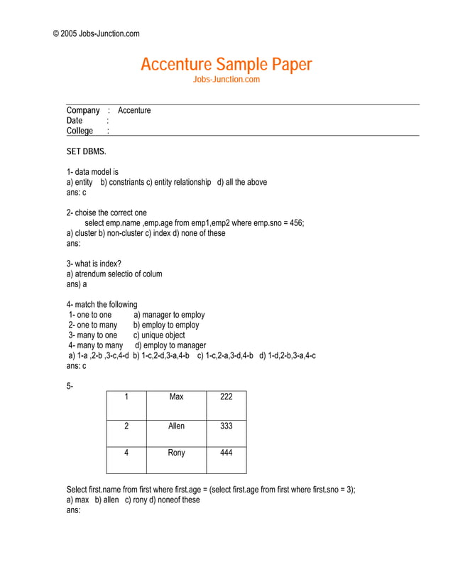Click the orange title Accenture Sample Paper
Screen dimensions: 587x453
[226, 65]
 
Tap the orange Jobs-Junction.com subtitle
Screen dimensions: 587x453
[226, 80]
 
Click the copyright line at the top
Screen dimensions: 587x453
[97, 33]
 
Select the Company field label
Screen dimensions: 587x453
[83, 110]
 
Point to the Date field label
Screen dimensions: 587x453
[75, 121]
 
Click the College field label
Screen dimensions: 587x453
[80, 131]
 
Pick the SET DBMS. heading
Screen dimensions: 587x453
[86, 151]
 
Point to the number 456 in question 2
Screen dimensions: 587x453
[295, 223]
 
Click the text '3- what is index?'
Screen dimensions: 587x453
[94, 264]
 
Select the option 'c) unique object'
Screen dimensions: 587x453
[159, 335]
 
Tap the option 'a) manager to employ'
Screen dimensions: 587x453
[169, 315]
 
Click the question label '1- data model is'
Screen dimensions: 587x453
[92, 172]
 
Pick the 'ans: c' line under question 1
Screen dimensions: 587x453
[76, 192]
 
